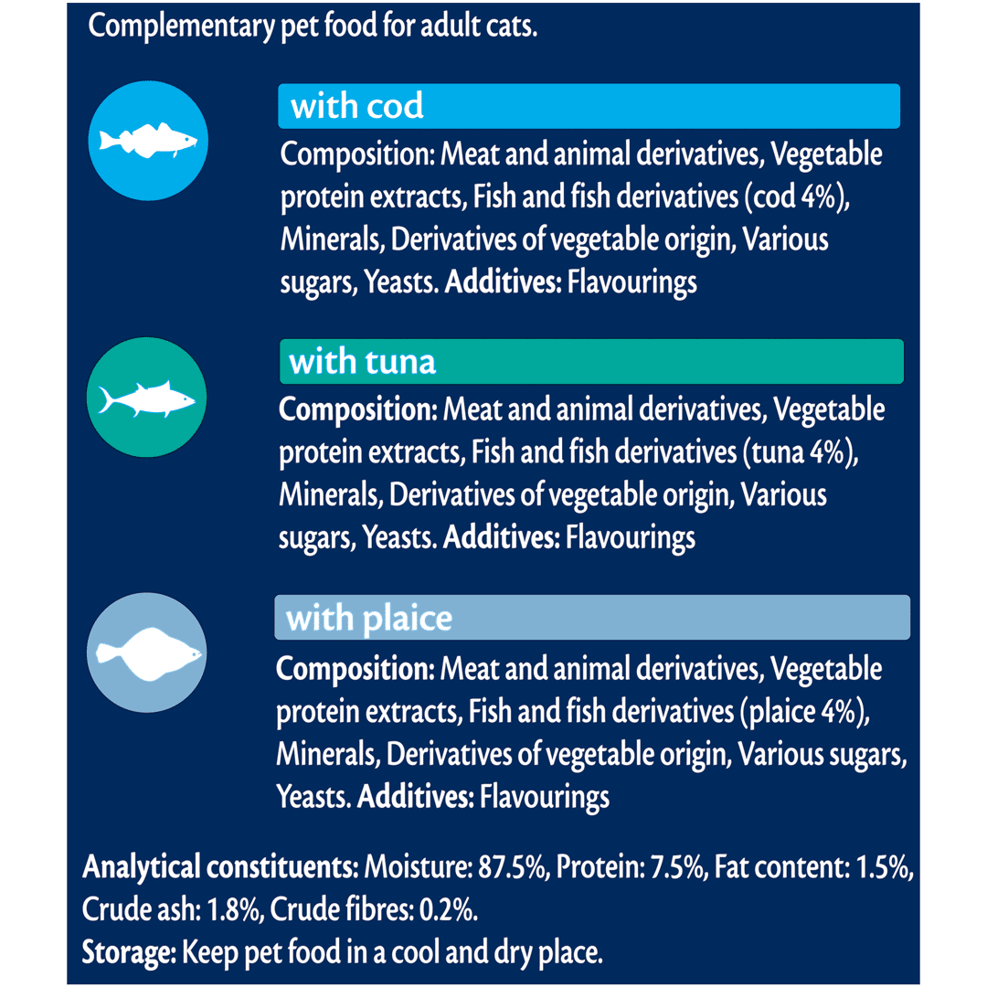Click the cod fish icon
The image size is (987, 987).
pyautogui.click(x=148, y=142)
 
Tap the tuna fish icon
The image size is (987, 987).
pyautogui.click(x=147, y=398)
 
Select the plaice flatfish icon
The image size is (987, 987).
pyautogui.click(x=146, y=653)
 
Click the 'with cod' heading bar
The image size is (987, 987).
pyautogui.click(x=589, y=106)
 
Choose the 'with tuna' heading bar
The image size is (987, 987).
pyautogui.click(x=590, y=361)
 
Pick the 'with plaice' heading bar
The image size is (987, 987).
pyautogui.click(x=591, y=618)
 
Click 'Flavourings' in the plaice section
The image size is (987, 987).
pyautogui.click(x=544, y=797)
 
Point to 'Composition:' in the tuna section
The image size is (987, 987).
pyautogui.click(x=357, y=409)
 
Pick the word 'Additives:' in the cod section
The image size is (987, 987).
pyautogui.click(x=502, y=281)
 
